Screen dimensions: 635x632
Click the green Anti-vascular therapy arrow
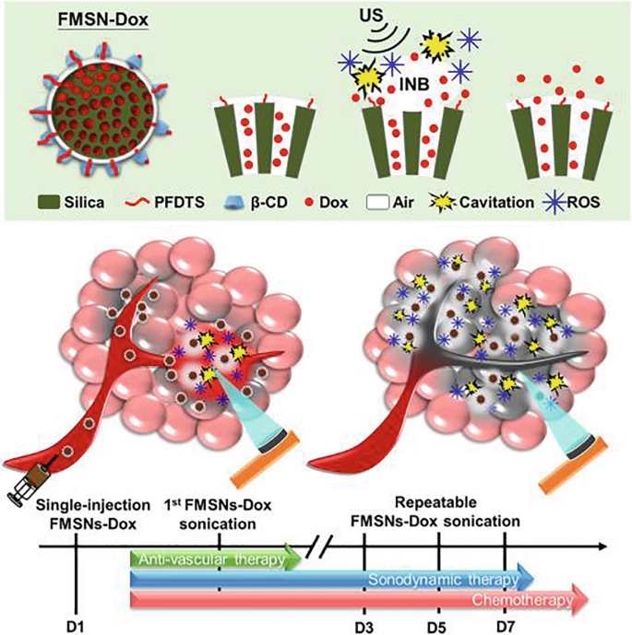coord(217,558)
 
